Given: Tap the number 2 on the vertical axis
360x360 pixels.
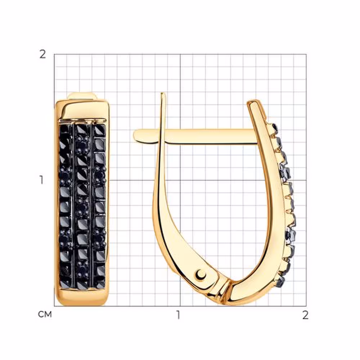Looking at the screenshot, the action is click(x=43, y=54).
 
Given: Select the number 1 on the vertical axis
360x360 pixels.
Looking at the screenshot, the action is click(x=41, y=180).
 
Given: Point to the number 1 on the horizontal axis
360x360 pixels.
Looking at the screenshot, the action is click(x=178, y=315).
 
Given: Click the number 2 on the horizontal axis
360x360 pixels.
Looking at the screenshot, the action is click(x=305, y=315).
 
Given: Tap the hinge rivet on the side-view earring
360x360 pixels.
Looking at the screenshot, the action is click(x=201, y=274).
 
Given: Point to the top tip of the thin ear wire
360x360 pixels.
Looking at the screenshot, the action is click(x=163, y=93).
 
